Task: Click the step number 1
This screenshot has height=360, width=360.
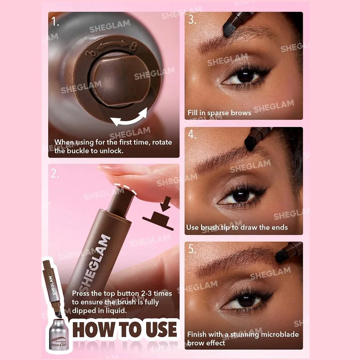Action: tap(55, 22)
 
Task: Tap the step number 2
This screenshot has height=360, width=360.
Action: tap(55, 174)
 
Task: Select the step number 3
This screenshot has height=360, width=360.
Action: tap(192, 19)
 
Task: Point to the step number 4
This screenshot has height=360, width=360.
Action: tap(192, 134)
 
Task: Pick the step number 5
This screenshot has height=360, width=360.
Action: tap(193, 249)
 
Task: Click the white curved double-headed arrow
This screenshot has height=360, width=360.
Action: tap(129, 119)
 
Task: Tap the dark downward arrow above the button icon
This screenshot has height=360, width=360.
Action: tap(165, 204)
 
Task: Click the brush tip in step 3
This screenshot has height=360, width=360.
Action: tap(229, 30)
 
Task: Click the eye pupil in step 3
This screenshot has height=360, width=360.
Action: tap(245, 76)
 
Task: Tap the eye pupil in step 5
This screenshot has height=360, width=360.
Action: tap(246, 300)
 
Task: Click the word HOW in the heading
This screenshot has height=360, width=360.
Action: tap(93, 330)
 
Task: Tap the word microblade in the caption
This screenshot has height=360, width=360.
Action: tap(279, 334)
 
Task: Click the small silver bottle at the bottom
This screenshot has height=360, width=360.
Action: tap(58, 335)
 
